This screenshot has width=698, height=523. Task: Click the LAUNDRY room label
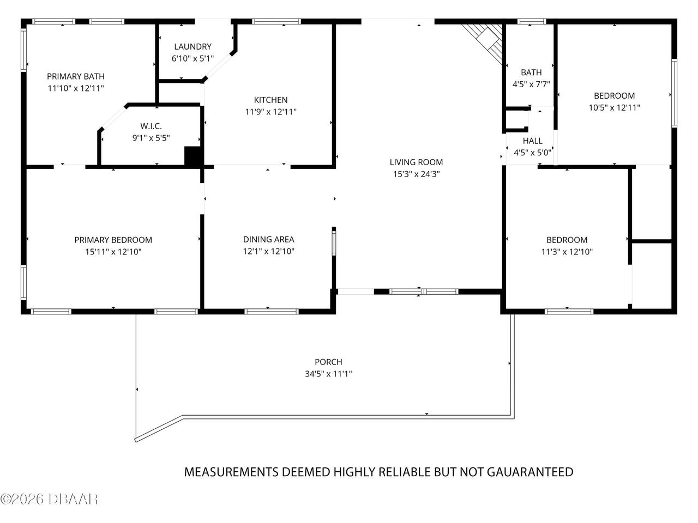(192, 47)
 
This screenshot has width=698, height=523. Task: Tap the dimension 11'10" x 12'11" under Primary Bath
(76, 88)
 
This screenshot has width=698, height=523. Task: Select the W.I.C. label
(151, 126)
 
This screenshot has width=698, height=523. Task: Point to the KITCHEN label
(270, 100)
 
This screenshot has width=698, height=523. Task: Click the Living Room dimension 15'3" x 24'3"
(416, 174)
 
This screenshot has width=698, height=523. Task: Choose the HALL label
(533, 141)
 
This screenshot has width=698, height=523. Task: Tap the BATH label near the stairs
(531, 72)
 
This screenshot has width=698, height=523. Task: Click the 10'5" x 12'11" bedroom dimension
(614, 108)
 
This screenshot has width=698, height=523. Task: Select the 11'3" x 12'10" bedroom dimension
(567, 252)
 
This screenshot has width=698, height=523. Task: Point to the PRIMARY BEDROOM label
(113, 240)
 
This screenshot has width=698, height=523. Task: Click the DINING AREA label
(269, 239)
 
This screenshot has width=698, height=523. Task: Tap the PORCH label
(328, 362)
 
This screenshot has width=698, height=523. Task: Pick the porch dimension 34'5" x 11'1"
(328, 374)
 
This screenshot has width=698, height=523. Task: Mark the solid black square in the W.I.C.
(192, 156)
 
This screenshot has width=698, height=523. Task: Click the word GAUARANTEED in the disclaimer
(530, 472)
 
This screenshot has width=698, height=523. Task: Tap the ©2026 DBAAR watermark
(49, 499)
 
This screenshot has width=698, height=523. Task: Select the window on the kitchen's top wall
(276, 22)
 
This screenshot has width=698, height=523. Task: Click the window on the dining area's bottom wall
(272, 312)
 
